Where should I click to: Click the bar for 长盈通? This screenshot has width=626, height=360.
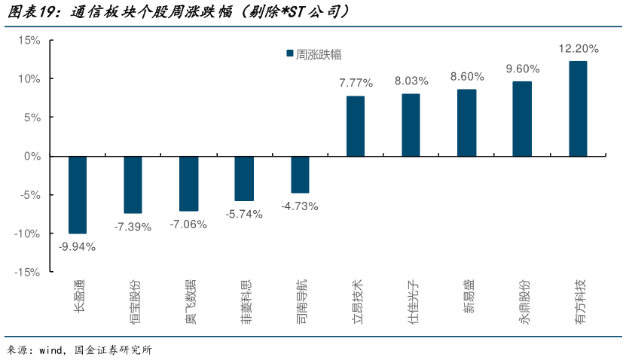pos(78,195)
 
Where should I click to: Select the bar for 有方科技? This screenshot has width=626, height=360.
pos(578,109)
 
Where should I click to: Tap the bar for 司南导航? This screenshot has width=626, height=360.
pos(300,175)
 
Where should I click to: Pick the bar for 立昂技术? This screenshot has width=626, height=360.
pos(356,127)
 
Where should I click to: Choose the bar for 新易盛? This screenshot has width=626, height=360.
pos(466,123)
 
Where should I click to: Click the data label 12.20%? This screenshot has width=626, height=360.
pos(578,49)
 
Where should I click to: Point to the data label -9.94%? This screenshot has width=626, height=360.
pos(78,246)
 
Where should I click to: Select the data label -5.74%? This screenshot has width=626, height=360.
pos(244,214)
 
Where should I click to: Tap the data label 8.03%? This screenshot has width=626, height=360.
pos(411,81)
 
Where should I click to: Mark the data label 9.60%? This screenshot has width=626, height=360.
pos(522,69)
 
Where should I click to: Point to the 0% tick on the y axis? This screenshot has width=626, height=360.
pos(32,157)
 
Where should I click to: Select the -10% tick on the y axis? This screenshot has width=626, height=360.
pos(27,234)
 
